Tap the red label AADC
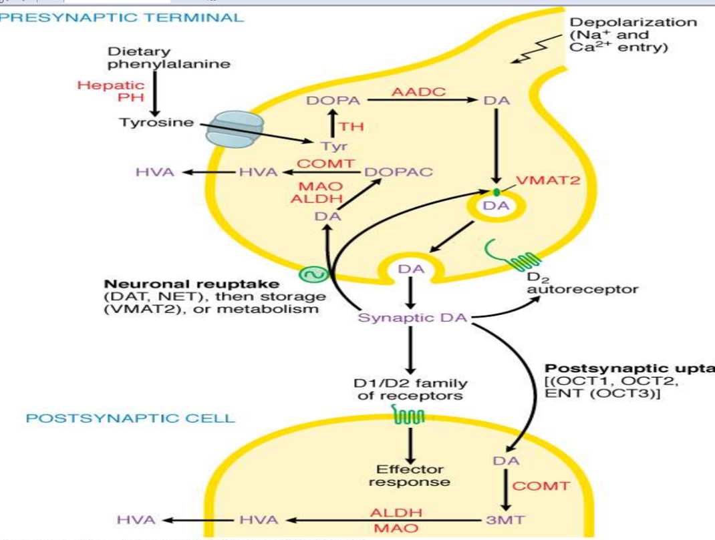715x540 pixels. coord(418,92)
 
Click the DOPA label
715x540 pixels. coord(333,101)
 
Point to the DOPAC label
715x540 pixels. coord(399,172)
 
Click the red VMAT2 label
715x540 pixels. coord(542,182)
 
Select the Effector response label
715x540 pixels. coord(409,475)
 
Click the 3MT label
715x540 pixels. coord(502,519)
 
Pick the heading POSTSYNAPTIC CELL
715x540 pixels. coord(130,419)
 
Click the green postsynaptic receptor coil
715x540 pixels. coord(410,418)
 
